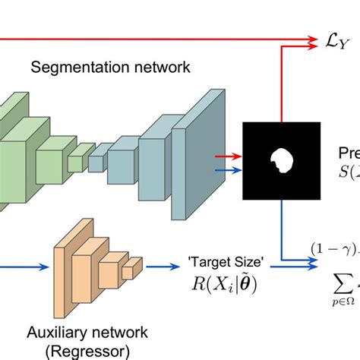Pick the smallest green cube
point(75,163)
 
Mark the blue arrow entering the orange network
point(23,267)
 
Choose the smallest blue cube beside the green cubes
point(96,163)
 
